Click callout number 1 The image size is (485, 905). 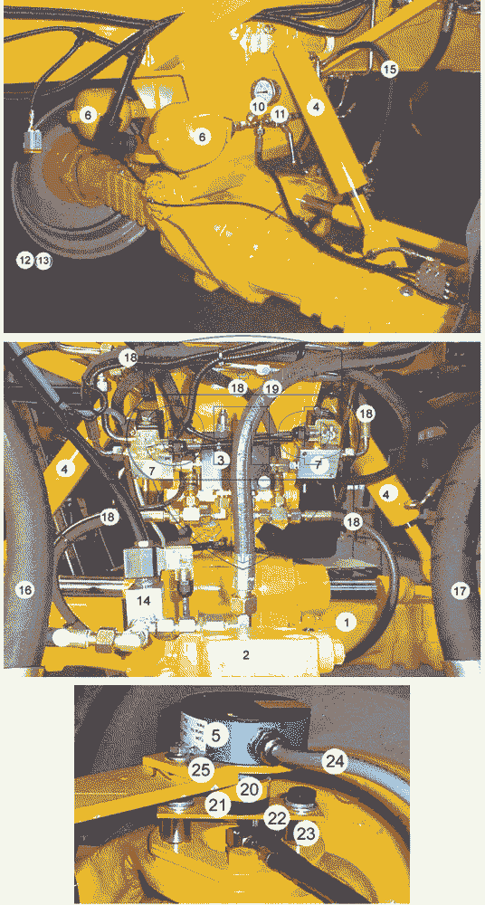point(347,622)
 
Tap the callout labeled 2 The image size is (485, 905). point(246,655)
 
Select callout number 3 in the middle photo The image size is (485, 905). point(221,459)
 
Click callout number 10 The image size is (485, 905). point(260,107)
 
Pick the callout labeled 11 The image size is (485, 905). point(280,114)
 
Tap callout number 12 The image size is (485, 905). point(24,261)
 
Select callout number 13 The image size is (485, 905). point(43,261)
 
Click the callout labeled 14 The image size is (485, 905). point(143,600)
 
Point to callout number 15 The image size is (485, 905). point(390,70)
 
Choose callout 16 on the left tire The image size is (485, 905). point(24,590)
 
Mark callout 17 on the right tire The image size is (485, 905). point(460,591)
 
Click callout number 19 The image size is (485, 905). point(271,388)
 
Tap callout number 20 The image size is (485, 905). point(249,790)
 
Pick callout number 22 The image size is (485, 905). point(277,818)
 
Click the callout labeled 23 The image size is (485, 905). point(306,834)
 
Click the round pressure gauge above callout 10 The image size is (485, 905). point(265,90)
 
